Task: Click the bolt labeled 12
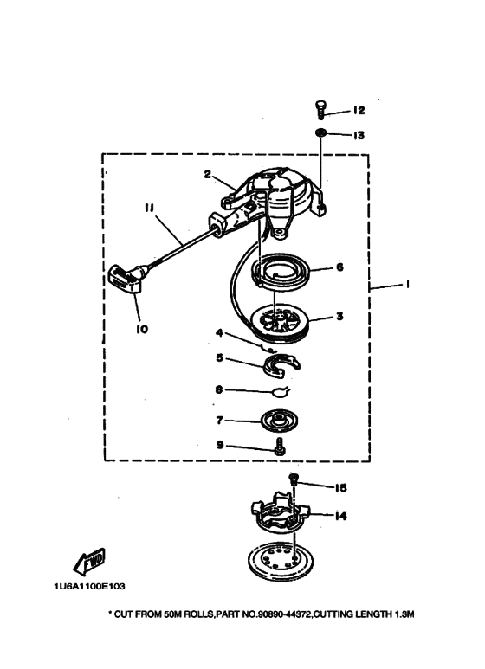[x=320, y=110]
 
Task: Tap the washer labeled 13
[x=321, y=133]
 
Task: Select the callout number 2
[x=208, y=174]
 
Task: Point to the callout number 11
[x=149, y=208]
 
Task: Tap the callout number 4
[x=219, y=332]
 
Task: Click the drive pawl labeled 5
[x=281, y=365]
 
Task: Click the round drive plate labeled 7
[x=280, y=419]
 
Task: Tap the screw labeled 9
[x=280, y=447]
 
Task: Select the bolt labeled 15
[x=294, y=480]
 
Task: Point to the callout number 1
[x=407, y=284]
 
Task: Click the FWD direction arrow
[x=89, y=561]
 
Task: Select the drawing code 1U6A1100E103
[x=90, y=586]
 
